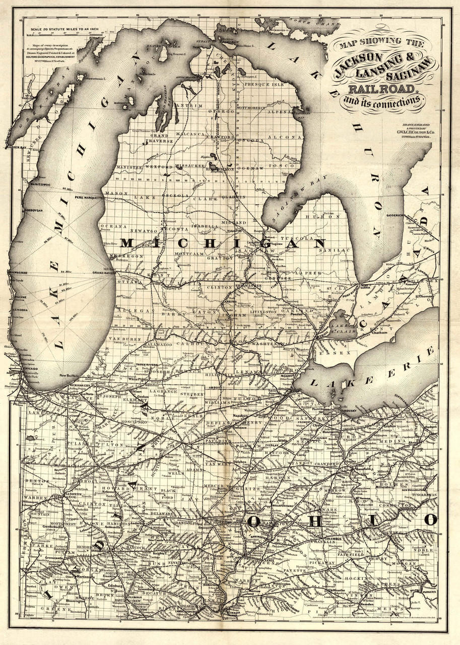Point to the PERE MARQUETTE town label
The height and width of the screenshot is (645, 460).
click(89, 199)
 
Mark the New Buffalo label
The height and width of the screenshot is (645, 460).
click(70, 376)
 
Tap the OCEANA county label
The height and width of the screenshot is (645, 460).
click(111, 226)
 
